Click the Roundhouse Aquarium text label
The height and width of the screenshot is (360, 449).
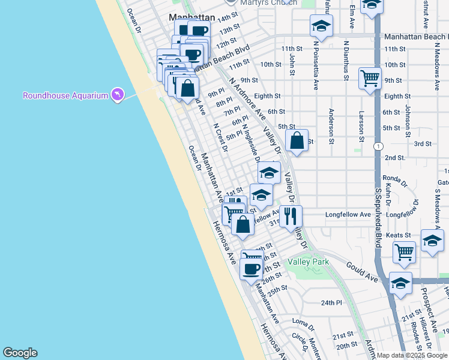pos(65,95)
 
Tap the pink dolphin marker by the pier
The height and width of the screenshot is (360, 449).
pos(117,95)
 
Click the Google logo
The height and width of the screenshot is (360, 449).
pos(20,353)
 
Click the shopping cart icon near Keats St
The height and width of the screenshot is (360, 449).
pos(405,251)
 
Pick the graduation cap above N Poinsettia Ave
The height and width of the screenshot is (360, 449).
pos(321,26)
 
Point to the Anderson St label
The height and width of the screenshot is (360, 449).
pos(331,126)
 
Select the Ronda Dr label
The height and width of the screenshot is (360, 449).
pos(395,179)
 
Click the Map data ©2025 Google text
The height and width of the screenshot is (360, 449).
pos(412,355)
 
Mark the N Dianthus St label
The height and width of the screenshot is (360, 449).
pos(346,59)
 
